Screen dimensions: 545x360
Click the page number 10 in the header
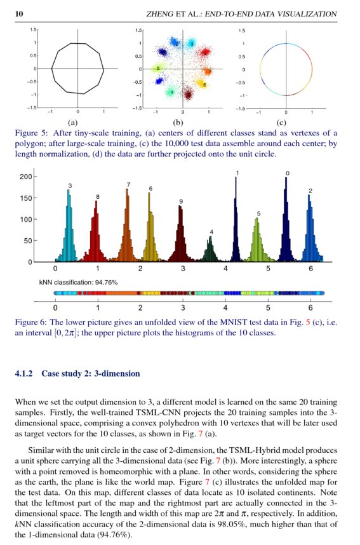[x=19, y=14]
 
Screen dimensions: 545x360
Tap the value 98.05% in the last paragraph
[x=243, y=525]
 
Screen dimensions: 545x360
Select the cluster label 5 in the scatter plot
[x=158, y=67]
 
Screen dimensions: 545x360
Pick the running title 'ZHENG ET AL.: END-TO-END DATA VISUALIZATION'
[x=241, y=14]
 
